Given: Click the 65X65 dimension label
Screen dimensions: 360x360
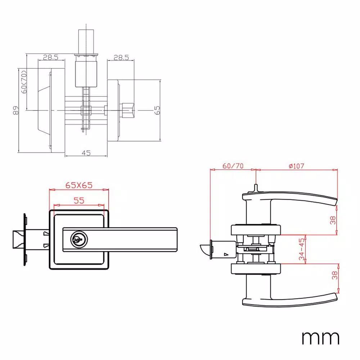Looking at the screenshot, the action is tap(79, 185).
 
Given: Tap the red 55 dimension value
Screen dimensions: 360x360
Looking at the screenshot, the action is tap(79, 201).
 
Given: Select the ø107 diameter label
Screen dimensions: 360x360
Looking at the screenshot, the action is tap(296, 166).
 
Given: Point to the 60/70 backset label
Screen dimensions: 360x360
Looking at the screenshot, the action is tap(233, 166).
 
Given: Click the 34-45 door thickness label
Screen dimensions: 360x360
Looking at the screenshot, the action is tap(302, 249).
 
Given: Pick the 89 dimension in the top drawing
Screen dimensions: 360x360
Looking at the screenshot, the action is tap(16, 111).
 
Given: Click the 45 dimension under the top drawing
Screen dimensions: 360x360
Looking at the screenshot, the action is tap(86, 153).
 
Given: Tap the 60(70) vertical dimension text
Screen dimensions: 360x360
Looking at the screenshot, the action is tap(24, 82).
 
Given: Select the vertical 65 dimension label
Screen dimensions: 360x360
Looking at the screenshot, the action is tap(157, 110).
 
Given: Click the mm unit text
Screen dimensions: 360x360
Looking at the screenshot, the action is tap(320, 338).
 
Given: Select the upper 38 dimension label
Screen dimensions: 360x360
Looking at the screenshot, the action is tap(333, 220).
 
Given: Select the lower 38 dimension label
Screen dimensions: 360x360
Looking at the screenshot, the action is tap(335, 275).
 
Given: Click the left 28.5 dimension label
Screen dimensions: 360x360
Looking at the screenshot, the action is tap(51, 57).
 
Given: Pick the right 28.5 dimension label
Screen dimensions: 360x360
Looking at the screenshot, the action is tap(121, 57).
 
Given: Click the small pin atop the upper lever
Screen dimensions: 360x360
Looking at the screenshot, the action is tap(256, 188).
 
